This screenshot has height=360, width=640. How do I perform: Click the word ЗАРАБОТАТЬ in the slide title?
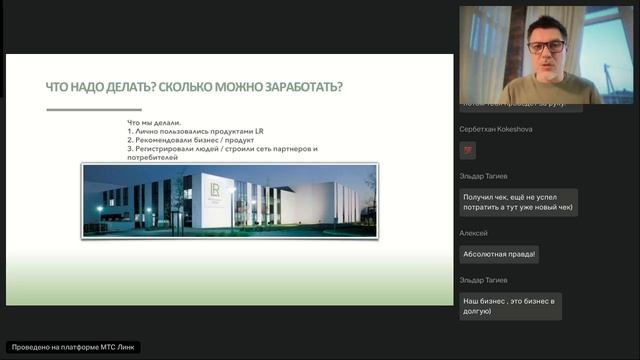pos(294,87)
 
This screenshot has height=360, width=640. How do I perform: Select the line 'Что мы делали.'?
pos(154,122)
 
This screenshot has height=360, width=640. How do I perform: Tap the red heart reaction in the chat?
pos(467,150)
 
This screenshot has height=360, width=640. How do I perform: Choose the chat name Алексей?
pos(473,233)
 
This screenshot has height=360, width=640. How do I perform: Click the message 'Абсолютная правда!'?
pos(499,254)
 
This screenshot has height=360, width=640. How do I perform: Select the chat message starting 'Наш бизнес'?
pos(510,305)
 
